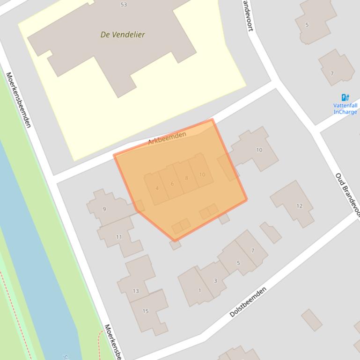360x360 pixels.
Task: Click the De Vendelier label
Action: [123, 35]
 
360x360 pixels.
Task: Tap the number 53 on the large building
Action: [124, 5]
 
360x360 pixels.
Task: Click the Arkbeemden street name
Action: [167, 138]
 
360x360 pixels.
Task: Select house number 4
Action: [157, 188]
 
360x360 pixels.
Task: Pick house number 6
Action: [172, 183]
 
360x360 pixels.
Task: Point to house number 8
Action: [186, 178]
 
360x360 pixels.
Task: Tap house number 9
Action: [104, 209]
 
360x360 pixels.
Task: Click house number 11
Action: [119, 237]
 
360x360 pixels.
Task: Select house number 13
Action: [135, 291]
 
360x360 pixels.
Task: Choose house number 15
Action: [146, 311]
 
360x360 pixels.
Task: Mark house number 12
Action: [299, 206]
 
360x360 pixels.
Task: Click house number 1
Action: [199, 290]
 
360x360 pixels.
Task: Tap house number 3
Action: [215, 281]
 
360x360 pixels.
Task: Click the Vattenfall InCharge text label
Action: [345, 109]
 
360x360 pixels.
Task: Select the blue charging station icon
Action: [345, 97]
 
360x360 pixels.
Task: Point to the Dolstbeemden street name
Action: [248, 302]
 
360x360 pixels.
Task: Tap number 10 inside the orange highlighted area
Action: [202, 175]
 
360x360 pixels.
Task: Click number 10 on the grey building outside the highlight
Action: [259, 150]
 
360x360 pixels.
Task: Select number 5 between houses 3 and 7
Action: [238, 263]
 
